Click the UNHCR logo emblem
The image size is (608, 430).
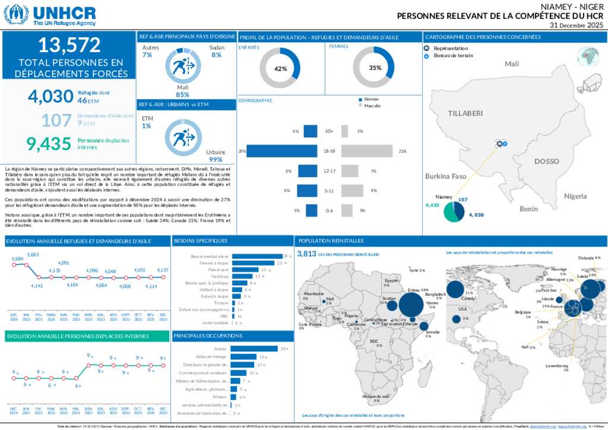(17, 14)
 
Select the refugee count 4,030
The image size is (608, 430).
(50, 96)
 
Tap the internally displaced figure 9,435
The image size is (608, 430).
(49, 143)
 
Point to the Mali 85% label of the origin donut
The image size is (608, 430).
(182, 91)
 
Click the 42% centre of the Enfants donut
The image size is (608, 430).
(280, 68)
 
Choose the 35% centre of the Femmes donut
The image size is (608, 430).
(375, 68)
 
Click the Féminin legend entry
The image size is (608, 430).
(371, 99)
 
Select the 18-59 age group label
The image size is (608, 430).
(329, 151)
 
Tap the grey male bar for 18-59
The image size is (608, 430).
(366, 151)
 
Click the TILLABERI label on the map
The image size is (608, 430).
(465, 113)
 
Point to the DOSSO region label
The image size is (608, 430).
(546, 161)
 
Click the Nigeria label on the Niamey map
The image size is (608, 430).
(575, 195)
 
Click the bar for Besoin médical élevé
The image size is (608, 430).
(256, 256)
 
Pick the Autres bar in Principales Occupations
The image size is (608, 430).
(254, 349)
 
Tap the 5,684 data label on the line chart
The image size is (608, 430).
(17, 259)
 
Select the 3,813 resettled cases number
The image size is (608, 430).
(306, 254)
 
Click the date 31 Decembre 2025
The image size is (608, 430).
(576, 26)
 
